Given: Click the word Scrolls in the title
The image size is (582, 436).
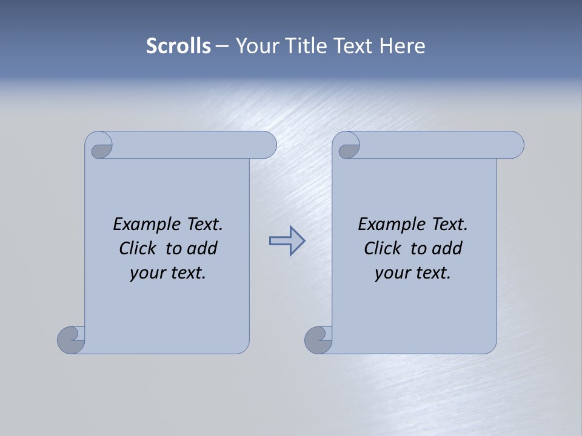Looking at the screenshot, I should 178,46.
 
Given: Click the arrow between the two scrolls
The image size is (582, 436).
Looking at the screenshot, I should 287,241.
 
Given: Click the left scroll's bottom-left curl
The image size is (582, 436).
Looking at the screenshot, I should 72,339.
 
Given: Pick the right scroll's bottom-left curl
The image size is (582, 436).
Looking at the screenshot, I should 319,339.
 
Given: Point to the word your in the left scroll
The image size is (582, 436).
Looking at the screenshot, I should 145,274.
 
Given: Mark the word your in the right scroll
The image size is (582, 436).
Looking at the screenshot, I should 390,274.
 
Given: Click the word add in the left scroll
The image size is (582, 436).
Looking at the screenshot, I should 202,248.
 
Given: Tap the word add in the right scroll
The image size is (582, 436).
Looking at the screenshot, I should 447,248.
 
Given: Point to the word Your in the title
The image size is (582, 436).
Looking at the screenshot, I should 255,46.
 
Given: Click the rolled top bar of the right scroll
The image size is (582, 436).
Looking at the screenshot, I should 436,145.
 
